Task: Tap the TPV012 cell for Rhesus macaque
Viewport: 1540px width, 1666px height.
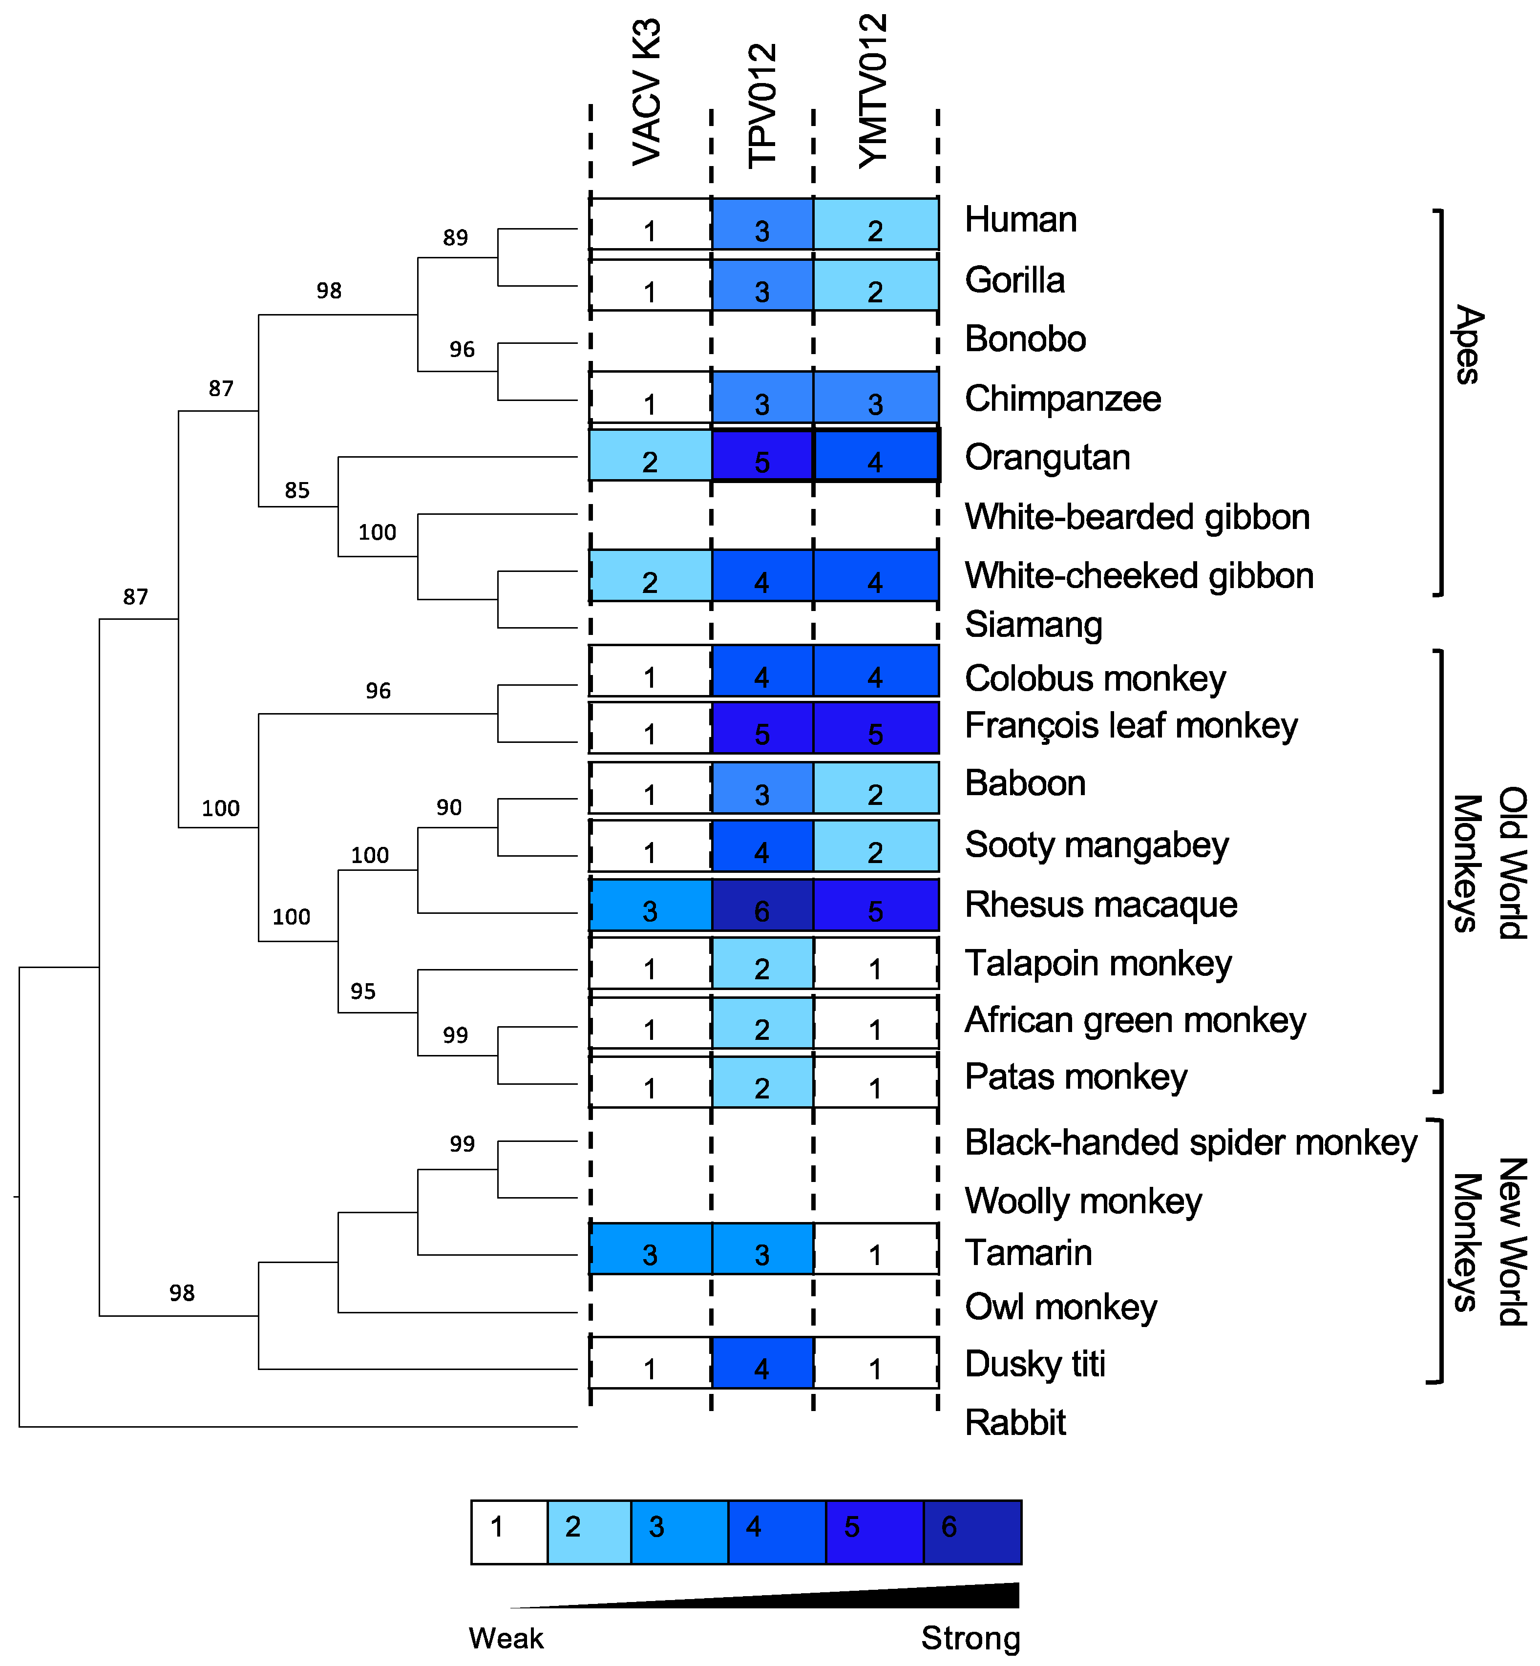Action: (x=761, y=905)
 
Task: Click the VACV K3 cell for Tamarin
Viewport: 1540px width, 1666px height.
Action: (x=650, y=1248)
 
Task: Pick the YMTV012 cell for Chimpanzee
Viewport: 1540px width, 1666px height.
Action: (x=875, y=399)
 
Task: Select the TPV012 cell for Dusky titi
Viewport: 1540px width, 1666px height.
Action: (x=761, y=1363)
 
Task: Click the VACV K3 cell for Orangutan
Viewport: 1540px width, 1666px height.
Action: (x=650, y=456)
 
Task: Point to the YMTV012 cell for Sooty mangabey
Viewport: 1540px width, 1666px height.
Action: (x=875, y=846)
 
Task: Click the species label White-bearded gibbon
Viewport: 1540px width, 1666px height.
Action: (x=1137, y=517)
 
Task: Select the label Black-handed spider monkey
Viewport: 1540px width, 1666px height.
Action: (x=1190, y=1142)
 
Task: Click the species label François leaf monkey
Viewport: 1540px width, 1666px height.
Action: (x=1130, y=725)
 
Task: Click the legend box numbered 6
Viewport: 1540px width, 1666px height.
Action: (x=971, y=1532)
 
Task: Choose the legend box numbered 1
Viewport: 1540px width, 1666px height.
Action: (x=509, y=1532)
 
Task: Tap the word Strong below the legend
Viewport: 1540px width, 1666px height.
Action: (x=970, y=1638)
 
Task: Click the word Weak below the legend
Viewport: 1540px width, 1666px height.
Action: (x=506, y=1638)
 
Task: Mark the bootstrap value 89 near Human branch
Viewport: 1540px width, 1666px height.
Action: (x=455, y=237)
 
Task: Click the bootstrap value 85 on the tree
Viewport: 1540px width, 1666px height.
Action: (x=296, y=490)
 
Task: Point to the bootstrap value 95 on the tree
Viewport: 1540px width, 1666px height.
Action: (x=362, y=991)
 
